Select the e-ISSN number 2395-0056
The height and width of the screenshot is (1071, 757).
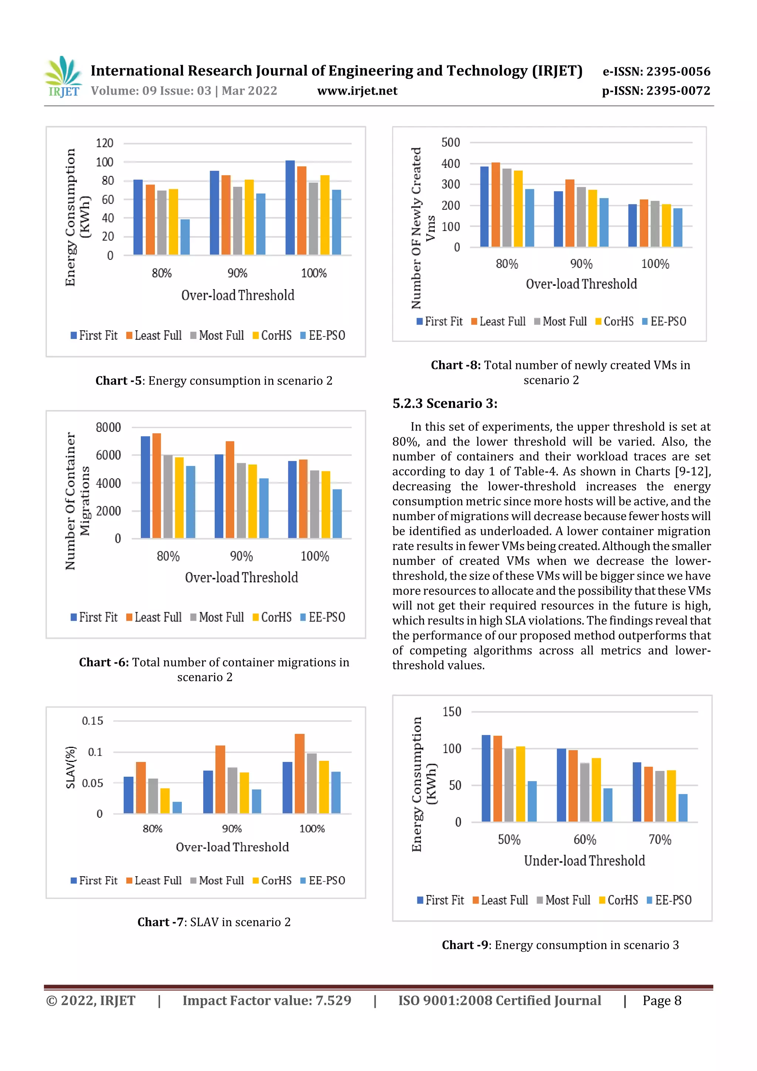pyautogui.click(x=656, y=71)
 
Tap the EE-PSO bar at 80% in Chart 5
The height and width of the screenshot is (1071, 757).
pyautogui.click(x=185, y=237)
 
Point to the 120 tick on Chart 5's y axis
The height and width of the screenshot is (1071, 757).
pyautogui.click(x=105, y=143)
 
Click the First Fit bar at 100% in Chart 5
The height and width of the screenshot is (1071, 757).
pyautogui.click(x=290, y=207)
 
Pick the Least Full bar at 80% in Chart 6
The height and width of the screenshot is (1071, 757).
pyautogui.click(x=156, y=485)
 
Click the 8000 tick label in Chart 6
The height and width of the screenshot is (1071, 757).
pyautogui.click(x=108, y=427)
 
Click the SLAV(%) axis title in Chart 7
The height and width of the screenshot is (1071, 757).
pyautogui.click(x=71, y=767)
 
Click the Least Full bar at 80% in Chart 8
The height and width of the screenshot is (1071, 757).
pyautogui.click(x=495, y=205)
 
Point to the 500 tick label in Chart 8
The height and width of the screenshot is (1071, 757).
pyautogui.click(x=451, y=142)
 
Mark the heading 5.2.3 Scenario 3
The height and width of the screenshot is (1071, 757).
pyautogui.click(x=445, y=403)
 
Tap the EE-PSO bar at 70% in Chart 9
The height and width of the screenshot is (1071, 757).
pyautogui.click(x=682, y=807)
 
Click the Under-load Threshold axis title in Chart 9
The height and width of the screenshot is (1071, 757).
pyautogui.click(x=584, y=861)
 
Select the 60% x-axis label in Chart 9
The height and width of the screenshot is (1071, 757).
pyautogui.click(x=584, y=840)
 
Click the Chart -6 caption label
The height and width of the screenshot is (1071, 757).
pyautogui.click(x=103, y=662)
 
